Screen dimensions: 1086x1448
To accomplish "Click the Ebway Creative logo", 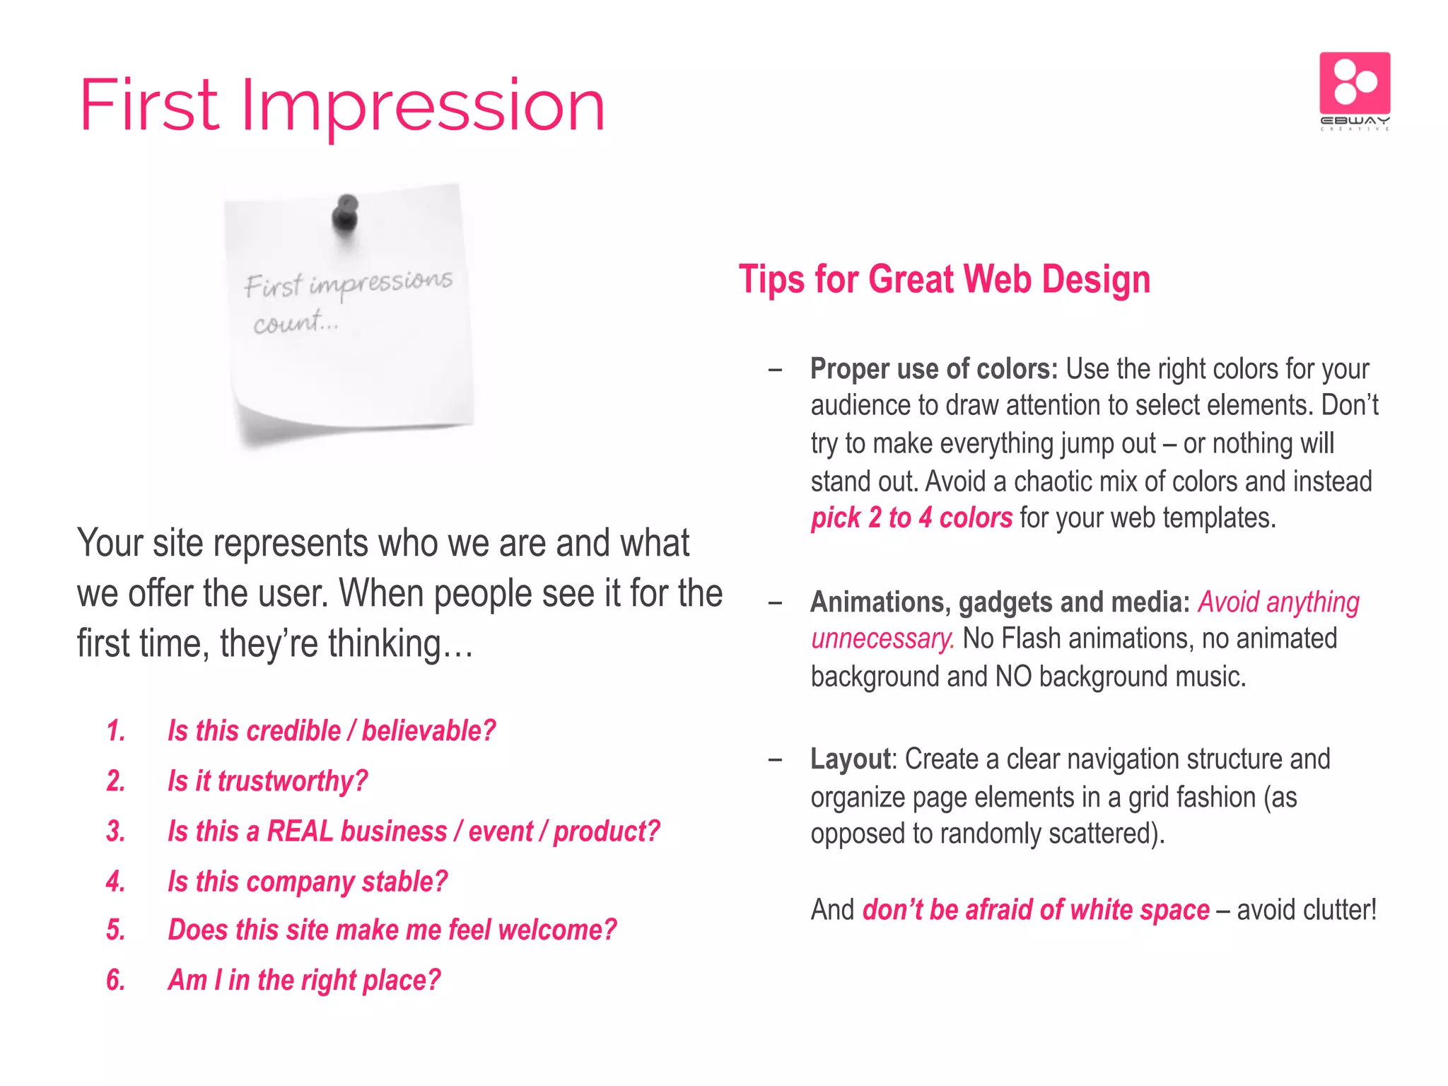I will [1354, 90].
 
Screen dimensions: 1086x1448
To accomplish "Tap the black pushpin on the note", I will [346, 213].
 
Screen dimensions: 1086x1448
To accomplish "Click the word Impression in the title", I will [423, 106].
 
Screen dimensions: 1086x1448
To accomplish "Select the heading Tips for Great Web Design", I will [944, 279].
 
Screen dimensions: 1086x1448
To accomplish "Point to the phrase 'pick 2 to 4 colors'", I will [911, 518].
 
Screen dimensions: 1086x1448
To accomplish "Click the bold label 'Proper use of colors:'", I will [933, 369].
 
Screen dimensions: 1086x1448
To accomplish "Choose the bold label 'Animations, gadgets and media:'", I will [1000, 602].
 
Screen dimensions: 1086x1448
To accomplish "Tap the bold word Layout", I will [851, 759].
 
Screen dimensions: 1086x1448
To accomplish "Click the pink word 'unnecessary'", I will [882, 639].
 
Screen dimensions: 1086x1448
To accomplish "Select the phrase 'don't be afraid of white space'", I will [1036, 910].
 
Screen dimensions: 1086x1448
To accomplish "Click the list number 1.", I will [116, 731].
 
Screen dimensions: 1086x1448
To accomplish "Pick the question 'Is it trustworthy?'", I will [268, 781].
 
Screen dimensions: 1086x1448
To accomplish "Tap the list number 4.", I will [116, 882].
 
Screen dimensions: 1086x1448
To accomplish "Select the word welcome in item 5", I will [556, 930].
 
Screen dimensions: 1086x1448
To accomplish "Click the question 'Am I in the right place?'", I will [304, 981].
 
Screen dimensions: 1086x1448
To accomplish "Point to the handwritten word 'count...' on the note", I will [296, 323].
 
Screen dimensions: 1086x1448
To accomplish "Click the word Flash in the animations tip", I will [1032, 639].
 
